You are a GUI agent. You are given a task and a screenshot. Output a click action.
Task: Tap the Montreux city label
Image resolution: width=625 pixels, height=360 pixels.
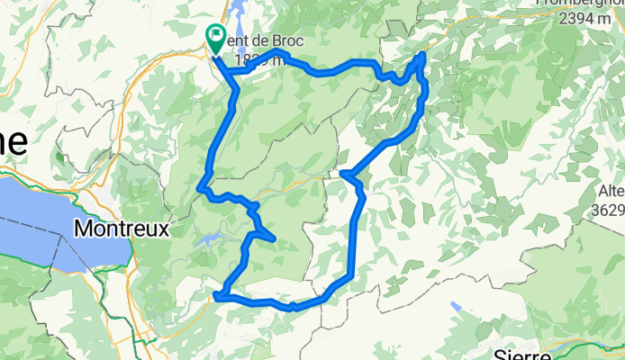tap(122, 229)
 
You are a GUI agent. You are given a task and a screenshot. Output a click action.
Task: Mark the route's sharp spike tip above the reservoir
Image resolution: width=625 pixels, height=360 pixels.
tap(272, 238)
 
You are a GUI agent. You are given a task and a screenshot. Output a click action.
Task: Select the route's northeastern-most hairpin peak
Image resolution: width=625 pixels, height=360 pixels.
tap(421, 56)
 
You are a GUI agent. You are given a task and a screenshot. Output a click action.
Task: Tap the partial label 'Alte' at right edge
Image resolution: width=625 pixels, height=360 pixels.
tap(611, 191)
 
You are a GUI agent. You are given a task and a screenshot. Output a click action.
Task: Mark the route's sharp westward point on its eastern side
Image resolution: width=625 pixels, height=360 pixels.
tap(343, 174)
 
